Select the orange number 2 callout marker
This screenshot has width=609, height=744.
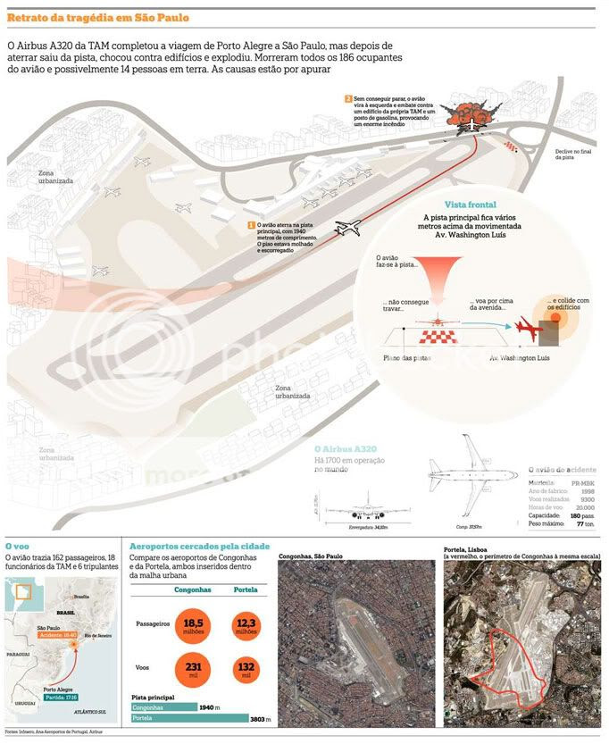[348, 97]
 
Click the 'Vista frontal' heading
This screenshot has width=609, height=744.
[470, 205]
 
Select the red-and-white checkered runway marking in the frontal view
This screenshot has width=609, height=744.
[438, 336]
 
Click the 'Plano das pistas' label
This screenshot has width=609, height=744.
[406, 358]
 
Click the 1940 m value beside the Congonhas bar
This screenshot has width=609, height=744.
[209, 706]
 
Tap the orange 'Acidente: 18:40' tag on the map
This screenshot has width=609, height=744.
[58, 635]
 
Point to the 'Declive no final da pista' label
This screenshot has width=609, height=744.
[571, 155]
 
